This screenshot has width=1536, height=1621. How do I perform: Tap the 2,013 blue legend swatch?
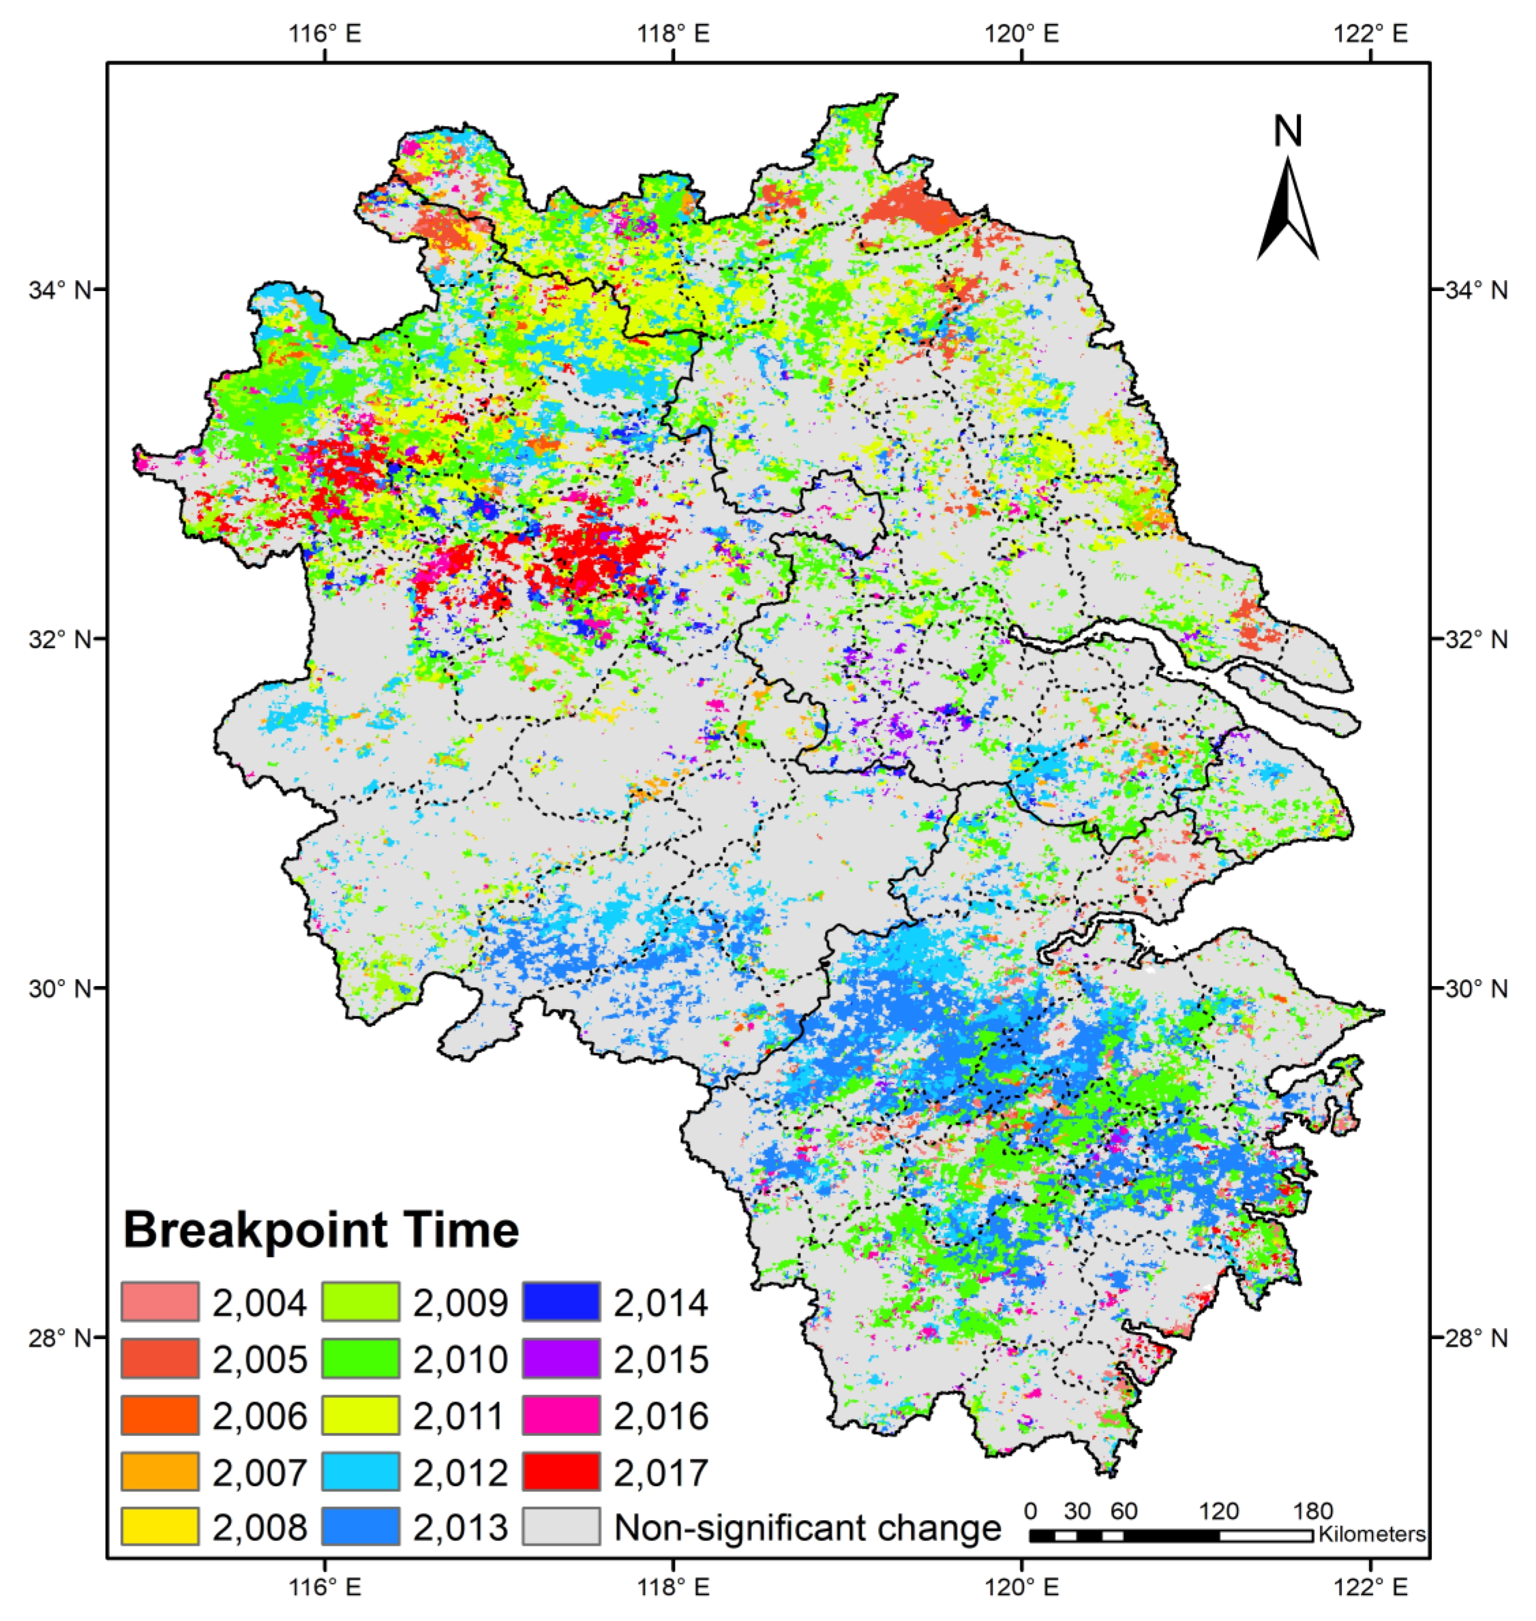(x=360, y=1527)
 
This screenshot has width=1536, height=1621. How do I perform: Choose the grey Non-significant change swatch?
(x=561, y=1527)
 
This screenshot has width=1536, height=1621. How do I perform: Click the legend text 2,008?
(x=260, y=1527)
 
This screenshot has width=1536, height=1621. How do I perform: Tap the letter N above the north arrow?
(x=1288, y=131)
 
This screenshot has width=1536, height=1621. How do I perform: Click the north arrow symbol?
(x=1288, y=211)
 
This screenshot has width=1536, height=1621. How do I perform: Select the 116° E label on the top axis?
(x=325, y=33)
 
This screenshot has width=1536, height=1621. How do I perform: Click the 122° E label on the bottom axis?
(x=1370, y=1588)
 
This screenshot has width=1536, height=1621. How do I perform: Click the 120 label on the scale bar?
(x=1219, y=1511)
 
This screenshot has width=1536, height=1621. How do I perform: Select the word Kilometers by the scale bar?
(x=1372, y=1534)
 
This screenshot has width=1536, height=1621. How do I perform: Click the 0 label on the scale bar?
(x=1031, y=1511)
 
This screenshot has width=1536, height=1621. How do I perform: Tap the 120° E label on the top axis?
(x=1022, y=33)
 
